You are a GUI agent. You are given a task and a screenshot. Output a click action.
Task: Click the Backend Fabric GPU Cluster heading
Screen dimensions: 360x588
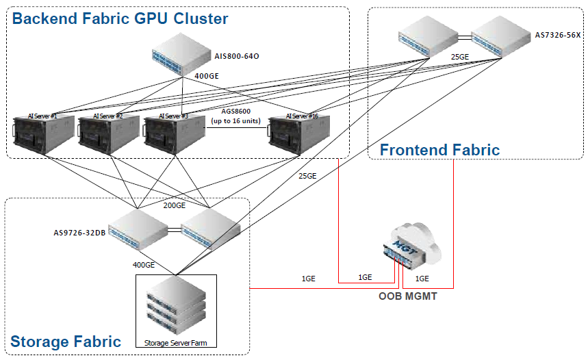pos(120,18)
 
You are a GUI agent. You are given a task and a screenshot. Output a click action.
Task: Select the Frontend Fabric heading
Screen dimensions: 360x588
pos(439,150)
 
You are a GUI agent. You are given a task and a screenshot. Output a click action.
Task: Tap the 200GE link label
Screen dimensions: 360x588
pos(174,205)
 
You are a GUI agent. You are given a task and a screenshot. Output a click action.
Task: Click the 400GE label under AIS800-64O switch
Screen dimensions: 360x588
pos(206,76)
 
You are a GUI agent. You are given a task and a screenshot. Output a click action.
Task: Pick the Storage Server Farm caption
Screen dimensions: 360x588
pos(175,342)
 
